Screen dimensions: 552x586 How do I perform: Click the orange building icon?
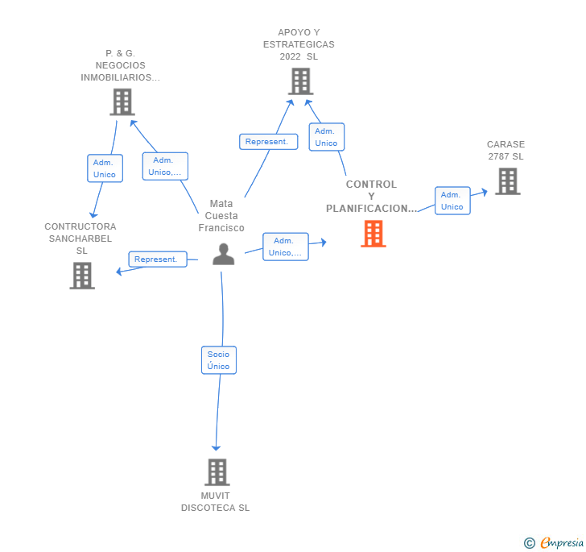(x=373, y=233)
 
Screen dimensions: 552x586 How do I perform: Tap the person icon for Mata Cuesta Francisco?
(x=223, y=254)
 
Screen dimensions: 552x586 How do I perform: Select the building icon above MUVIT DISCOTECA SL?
(x=217, y=471)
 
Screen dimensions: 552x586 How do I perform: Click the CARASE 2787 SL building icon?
(x=507, y=181)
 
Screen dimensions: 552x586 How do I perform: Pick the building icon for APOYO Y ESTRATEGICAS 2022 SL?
(x=299, y=81)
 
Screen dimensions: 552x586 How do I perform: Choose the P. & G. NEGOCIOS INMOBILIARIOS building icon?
(x=122, y=102)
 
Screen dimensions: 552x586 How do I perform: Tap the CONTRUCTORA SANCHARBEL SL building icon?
(x=82, y=275)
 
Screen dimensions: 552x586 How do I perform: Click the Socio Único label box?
(x=218, y=360)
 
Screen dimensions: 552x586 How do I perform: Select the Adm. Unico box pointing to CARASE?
(x=452, y=201)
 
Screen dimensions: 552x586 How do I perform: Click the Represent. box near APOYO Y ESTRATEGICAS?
(x=268, y=142)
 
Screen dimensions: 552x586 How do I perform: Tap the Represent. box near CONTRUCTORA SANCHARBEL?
(x=157, y=259)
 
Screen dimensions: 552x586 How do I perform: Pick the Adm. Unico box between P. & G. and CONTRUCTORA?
(x=105, y=168)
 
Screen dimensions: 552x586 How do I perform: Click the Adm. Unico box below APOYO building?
(x=326, y=137)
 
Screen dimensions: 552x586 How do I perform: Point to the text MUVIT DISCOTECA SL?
(x=216, y=501)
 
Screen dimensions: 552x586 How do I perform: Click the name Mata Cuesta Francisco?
(x=221, y=216)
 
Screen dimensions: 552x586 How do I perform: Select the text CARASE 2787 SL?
(x=506, y=151)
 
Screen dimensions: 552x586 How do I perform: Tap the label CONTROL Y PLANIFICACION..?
(x=372, y=197)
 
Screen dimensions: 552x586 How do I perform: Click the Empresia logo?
(x=555, y=542)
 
